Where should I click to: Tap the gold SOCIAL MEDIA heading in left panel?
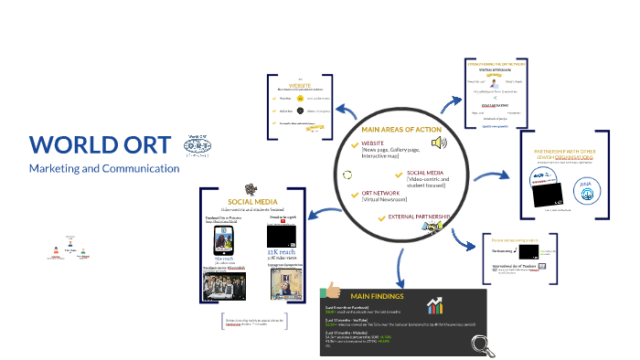pos(253,201)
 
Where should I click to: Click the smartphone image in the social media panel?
pos(223,239)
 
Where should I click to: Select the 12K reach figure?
pos(278,250)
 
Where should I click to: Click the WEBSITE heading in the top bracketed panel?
pos(301,84)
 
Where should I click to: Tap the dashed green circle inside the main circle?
pos(347,174)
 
